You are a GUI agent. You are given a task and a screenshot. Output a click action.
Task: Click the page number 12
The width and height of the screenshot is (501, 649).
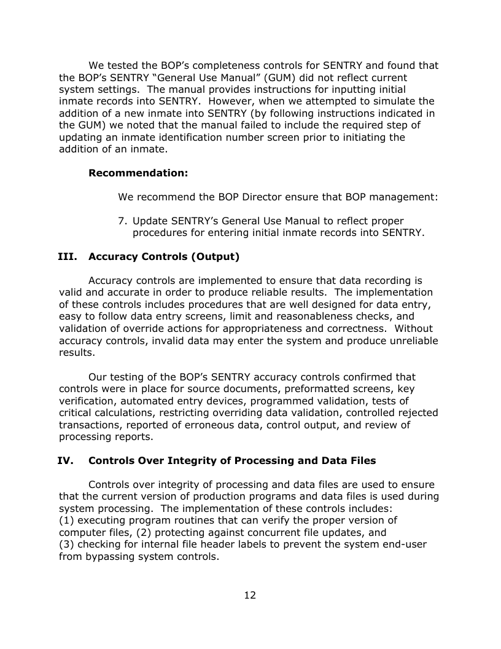250,595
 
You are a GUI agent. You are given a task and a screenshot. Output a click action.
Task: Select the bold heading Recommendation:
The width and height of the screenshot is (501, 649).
138,173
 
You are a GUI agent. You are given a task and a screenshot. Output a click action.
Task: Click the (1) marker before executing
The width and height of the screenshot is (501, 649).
66,521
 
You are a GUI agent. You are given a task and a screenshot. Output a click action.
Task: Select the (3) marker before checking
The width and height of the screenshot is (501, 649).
66,545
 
